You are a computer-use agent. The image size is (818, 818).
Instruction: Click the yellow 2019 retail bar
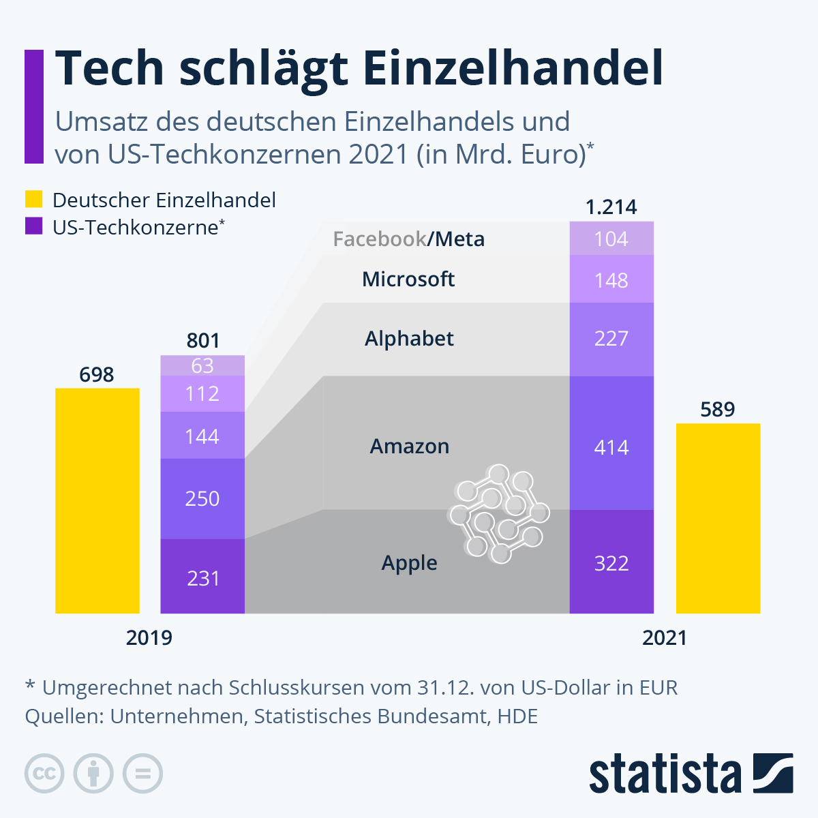(97, 501)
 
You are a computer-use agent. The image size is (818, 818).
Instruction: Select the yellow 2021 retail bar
(718, 518)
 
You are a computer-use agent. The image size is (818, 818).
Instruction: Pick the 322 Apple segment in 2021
(611, 562)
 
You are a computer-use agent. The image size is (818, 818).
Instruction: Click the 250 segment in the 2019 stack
(202, 498)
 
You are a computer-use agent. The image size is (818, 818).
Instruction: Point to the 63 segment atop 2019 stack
(202, 366)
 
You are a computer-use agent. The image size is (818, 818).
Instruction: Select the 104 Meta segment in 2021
(611, 239)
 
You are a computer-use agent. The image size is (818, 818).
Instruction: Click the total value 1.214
(611, 207)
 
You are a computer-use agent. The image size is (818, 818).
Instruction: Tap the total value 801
(203, 341)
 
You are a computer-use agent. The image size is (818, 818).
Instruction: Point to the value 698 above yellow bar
(97, 374)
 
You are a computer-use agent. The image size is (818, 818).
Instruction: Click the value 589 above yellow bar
(718, 410)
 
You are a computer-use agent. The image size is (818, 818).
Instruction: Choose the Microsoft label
(408, 279)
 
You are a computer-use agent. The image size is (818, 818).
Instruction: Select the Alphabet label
(409, 339)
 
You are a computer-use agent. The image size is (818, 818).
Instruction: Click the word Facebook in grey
(379, 239)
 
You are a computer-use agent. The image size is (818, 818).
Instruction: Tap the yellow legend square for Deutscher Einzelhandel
(34, 199)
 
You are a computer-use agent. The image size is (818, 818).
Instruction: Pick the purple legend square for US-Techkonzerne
(34, 226)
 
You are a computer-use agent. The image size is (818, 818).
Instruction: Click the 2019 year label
(149, 638)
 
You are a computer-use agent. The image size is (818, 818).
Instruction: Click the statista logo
(691, 774)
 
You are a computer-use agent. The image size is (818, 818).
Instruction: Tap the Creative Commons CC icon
(44, 774)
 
